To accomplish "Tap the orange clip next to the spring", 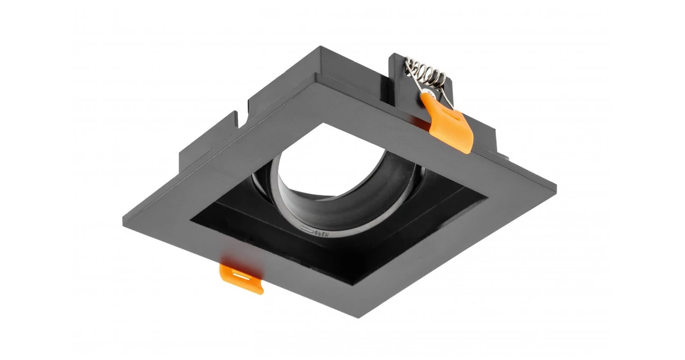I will click(449, 125).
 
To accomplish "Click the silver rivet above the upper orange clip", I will click(433, 93).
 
